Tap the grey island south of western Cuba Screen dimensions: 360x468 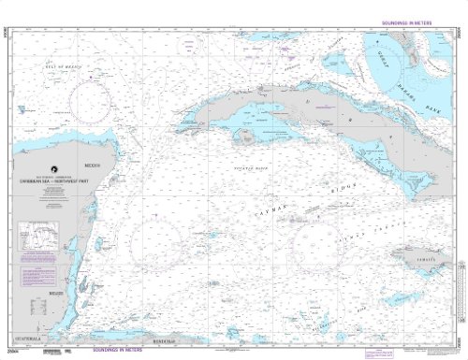click(x=246, y=137)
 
